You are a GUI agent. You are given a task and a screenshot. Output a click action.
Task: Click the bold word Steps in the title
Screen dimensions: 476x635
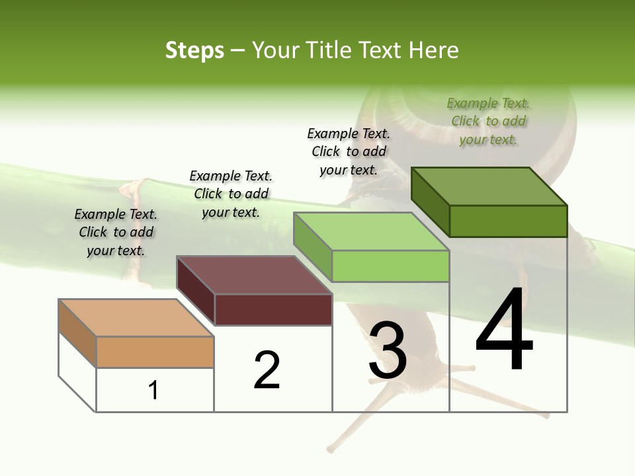click(x=194, y=50)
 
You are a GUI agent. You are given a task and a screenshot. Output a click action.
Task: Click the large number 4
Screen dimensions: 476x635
click(x=504, y=331)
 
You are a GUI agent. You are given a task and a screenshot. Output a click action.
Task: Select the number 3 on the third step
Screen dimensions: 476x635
click(x=388, y=350)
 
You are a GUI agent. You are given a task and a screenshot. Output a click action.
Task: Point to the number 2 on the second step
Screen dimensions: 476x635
click(x=267, y=370)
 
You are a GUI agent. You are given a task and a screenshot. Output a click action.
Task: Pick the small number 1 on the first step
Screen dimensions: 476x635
click(x=153, y=390)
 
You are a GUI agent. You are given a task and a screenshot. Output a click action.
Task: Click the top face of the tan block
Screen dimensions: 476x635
click(x=136, y=317)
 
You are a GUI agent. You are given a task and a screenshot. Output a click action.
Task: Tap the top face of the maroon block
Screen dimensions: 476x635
click(x=255, y=274)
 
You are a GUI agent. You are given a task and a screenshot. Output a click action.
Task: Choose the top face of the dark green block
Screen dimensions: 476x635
click(x=489, y=186)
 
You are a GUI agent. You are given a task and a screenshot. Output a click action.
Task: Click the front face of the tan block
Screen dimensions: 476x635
click(x=155, y=352)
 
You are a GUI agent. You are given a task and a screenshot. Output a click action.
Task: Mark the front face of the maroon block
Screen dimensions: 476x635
click(x=273, y=309)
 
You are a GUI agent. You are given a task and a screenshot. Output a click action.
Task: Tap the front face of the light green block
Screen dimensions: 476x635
click(x=390, y=266)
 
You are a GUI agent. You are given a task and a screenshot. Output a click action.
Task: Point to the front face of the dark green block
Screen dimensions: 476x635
click(x=508, y=221)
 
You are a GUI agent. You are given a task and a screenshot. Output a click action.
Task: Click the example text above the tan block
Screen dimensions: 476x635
click(x=116, y=232)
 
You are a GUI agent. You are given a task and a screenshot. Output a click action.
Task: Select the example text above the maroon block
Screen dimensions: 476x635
click(x=231, y=194)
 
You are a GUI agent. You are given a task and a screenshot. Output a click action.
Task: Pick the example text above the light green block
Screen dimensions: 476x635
click(x=349, y=151)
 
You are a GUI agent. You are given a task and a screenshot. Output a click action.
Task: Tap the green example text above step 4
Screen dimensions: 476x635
click(x=488, y=121)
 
